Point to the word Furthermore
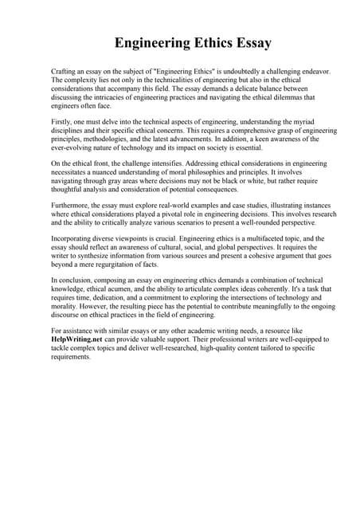pos(72,206)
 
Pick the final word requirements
pos(71,356)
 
